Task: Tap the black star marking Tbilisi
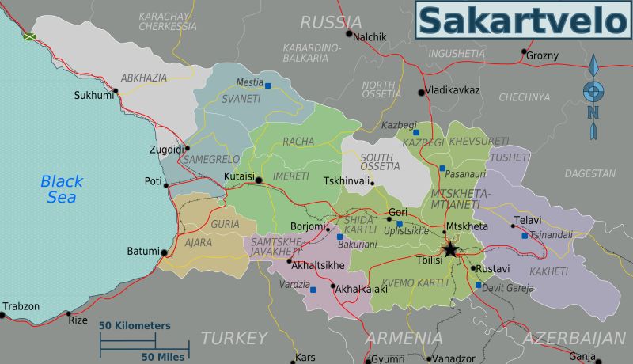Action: click(x=450, y=250)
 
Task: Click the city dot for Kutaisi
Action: click(x=259, y=181)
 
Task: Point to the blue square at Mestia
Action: click(x=268, y=85)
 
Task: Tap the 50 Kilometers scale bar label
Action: click(x=135, y=325)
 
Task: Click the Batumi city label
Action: click(x=143, y=252)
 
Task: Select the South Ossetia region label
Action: click(x=381, y=163)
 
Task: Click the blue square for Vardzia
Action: click(x=313, y=289)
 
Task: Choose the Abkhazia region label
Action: click(x=144, y=78)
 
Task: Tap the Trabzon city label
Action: click(x=21, y=306)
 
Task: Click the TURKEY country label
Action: click(x=233, y=338)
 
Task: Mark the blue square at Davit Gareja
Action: click(x=478, y=285)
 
